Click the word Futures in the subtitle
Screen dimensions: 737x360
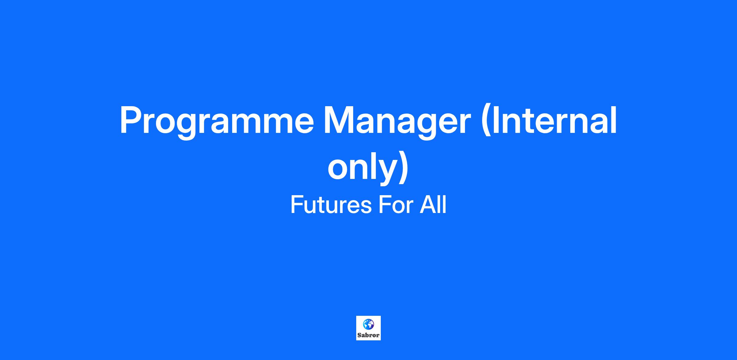(331, 205)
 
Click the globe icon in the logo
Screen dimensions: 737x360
(368, 324)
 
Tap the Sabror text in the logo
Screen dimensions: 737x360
(368, 335)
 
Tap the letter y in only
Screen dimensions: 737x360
(383, 172)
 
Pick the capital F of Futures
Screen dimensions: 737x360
(296, 205)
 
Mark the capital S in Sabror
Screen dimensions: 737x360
(359, 335)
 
